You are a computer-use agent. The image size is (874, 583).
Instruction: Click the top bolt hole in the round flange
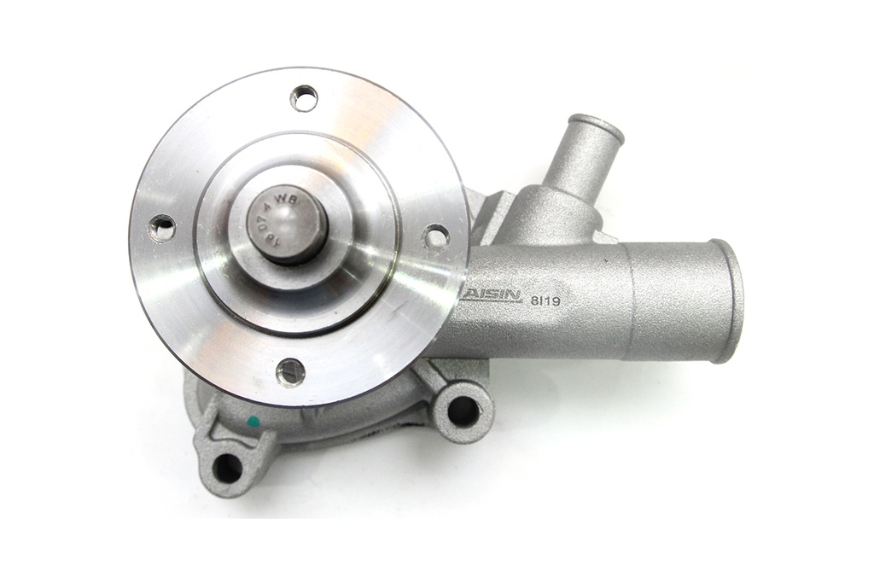pyautogui.click(x=303, y=98)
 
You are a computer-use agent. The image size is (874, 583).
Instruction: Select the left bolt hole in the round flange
pyautogui.click(x=161, y=227)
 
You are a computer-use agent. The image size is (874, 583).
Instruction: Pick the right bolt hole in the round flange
pyautogui.click(x=436, y=236)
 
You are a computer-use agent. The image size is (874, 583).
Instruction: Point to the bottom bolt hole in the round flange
pyautogui.click(x=292, y=370)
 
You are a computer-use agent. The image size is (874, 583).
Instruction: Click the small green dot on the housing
pyautogui.click(x=253, y=421)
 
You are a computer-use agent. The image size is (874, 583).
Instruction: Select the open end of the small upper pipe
pyautogui.click(x=597, y=127)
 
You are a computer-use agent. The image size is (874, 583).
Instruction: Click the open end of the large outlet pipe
pyautogui.click(x=727, y=300)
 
